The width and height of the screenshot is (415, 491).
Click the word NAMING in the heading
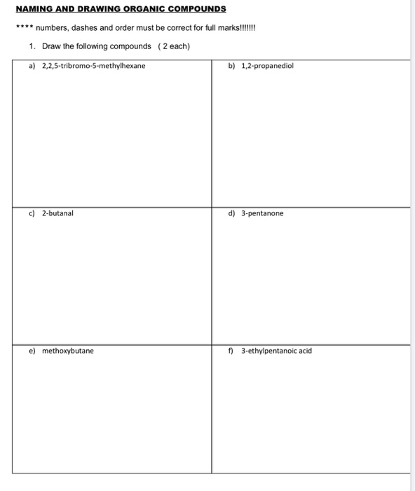tap(36, 9)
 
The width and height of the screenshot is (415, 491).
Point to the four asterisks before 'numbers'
tap(25, 29)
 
